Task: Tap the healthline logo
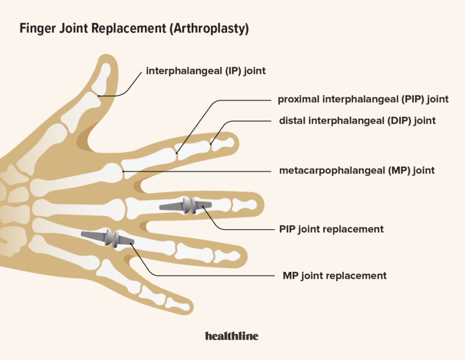coord(232,336)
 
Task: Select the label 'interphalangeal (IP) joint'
coord(205,71)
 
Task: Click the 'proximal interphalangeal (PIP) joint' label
coord(363,99)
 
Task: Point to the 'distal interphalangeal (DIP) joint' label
coord(357,121)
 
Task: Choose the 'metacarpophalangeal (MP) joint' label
coord(357,171)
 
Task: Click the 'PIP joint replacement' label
coord(331,229)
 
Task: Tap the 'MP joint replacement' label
coord(334,276)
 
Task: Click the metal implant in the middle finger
coord(185,206)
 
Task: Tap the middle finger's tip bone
coord(245,205)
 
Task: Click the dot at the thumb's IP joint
coord(99,96)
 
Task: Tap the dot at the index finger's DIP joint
coord(211,144)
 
